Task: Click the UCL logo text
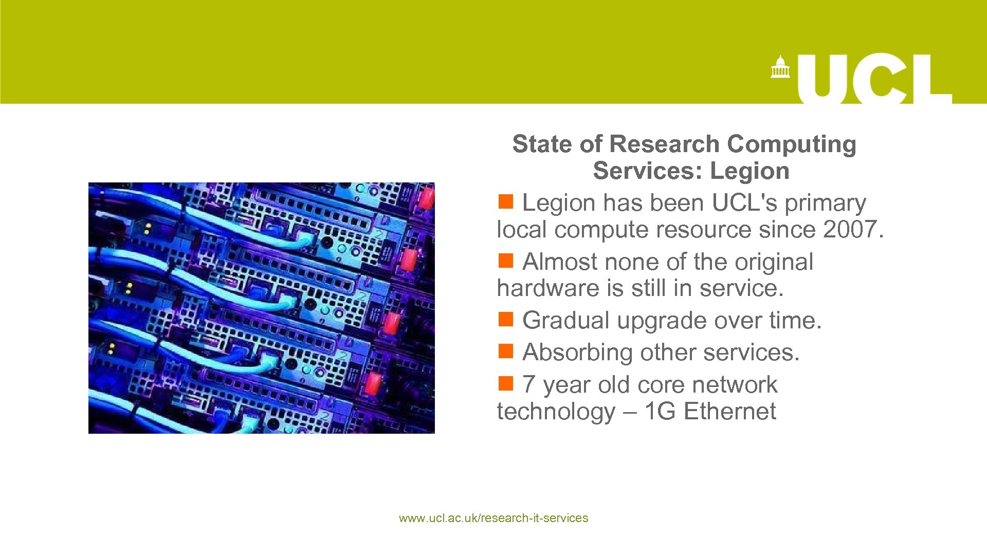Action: tap(874, 79)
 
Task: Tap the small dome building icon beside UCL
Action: tap(780, 67)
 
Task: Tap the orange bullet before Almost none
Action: tap(506, 261)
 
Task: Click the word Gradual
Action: tap(565, 321)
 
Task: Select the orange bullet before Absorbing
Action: tap(506, 351)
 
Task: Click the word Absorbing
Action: tap(577, 353)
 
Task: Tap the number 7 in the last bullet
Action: tap(528, 385)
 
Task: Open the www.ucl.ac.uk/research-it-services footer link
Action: tap(493, 518)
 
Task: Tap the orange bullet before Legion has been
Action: tap(506, 202)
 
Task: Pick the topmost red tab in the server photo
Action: tap(427, 198)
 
